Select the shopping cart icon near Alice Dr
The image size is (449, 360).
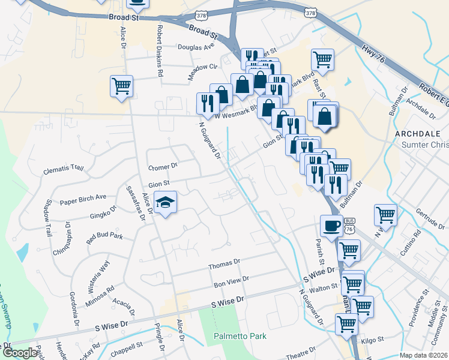(x=121, y=86)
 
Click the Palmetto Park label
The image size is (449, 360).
(x=240, y=336)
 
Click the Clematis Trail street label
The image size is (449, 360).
(x=63, y=169)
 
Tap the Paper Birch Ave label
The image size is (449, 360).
(x=83, y=197)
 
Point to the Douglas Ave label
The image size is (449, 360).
(x=196, y=46)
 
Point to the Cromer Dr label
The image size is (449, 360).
(x=163, y=166)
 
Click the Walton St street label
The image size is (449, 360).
(x=324, y=289)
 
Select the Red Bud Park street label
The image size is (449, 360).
(x=104, y=236)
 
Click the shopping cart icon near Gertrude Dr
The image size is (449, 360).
(x=385, y=214)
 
